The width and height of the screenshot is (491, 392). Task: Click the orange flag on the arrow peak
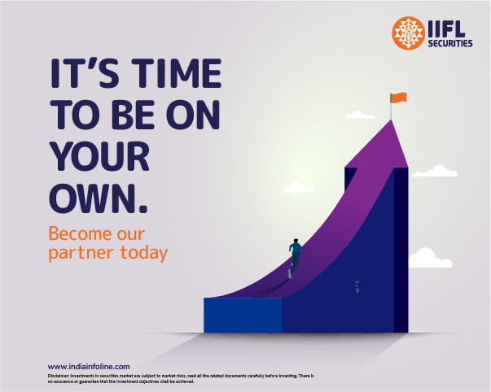coord(398,98)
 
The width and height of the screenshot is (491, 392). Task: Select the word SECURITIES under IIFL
coord(449,45)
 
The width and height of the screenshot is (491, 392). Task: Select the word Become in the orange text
coord(79,232)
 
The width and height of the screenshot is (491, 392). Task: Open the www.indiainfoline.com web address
coord(89,367)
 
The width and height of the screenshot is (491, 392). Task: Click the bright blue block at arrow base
coord(242,315)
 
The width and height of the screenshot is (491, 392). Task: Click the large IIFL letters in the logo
coord(449,30)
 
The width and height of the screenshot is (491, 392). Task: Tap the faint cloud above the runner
coord(299,188)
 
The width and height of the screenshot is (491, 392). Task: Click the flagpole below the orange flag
coord(392,110)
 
